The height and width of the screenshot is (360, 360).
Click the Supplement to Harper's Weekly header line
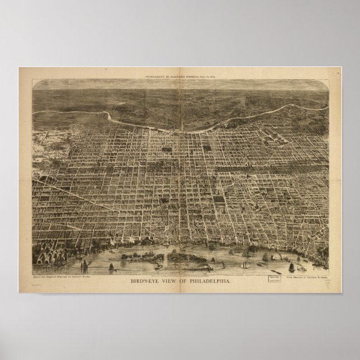180,74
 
